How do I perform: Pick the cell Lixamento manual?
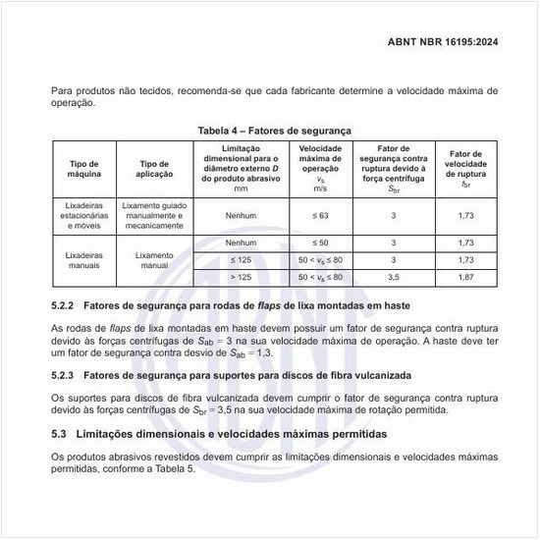(154, 259)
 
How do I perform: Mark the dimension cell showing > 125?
(241, 278)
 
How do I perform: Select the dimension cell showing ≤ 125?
(241, 259)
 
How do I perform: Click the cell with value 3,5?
(393, 278)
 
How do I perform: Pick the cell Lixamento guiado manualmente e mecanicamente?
(154, 215)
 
